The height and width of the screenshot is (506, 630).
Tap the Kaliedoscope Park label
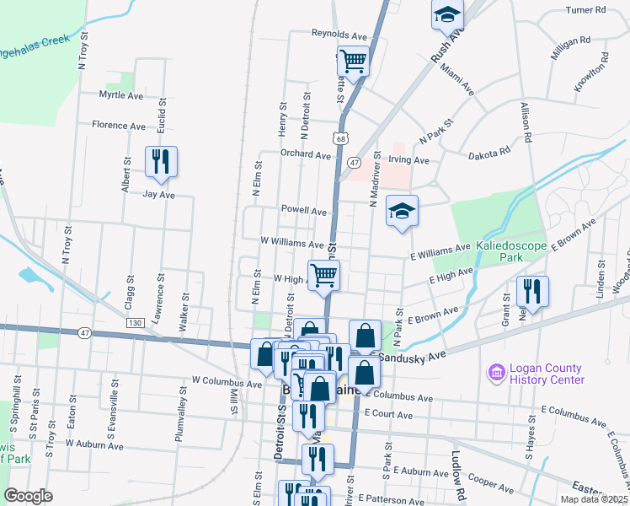(x=512, y=250)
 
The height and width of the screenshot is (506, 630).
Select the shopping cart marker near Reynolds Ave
(x=353, y=61)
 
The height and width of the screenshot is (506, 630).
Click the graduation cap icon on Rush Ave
(x=448, y=13)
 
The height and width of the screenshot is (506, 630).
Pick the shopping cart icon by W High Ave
(x=324, y=275)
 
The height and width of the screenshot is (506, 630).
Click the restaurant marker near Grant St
(x=531, y=291)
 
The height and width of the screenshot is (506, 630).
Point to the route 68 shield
(x=339, y=138)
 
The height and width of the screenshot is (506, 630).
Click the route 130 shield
(x=134, y=323)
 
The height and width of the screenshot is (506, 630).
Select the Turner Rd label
(x=586, y=10)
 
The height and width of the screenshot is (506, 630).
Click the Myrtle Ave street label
(x=121, y=95)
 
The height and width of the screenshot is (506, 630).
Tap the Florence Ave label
(x=119, y=126)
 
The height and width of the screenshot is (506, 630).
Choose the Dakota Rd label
(x=489, y=152)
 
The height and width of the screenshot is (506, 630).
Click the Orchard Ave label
(x=306, y=155)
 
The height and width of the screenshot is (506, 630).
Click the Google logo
(x=28, y=496)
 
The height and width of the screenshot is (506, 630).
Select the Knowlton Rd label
(x=600, y=71)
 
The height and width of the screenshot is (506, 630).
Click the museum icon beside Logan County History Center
(x=496, y=371)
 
